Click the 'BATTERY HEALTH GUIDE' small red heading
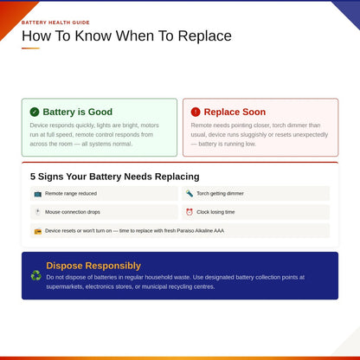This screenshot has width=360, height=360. click(x=55, y=22)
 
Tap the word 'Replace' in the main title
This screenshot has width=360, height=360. click(x=204, y=36)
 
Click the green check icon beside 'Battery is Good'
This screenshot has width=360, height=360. click(x=35, y=112)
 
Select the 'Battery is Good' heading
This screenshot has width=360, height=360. click(x=78, y=112)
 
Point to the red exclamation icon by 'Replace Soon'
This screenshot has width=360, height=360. click(x=196, y=112)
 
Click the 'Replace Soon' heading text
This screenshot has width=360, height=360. click(x=235, y=112)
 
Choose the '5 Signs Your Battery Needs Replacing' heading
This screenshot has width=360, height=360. click(x=115, y=177)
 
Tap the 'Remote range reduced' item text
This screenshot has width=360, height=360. click(x=71, y=194)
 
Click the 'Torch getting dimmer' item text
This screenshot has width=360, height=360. click(x=220, y=194)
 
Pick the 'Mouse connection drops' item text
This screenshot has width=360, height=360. click(x=73, y=212)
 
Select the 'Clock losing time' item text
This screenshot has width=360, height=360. click(x=215, y=212)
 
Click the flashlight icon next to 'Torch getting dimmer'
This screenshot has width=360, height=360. click(x=190, y=193)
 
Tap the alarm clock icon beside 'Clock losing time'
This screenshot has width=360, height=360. click(x=190, y=212)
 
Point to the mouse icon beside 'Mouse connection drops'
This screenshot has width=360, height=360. click(x=37, y=212)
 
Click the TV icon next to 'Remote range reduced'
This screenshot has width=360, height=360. click(x=38, y=194)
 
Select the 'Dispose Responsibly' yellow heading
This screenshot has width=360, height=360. click(x=93, y=266)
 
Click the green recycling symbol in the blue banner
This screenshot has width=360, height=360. click(x=36, y=275)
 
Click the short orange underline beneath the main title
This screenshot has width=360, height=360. click(x=30, y=48)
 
